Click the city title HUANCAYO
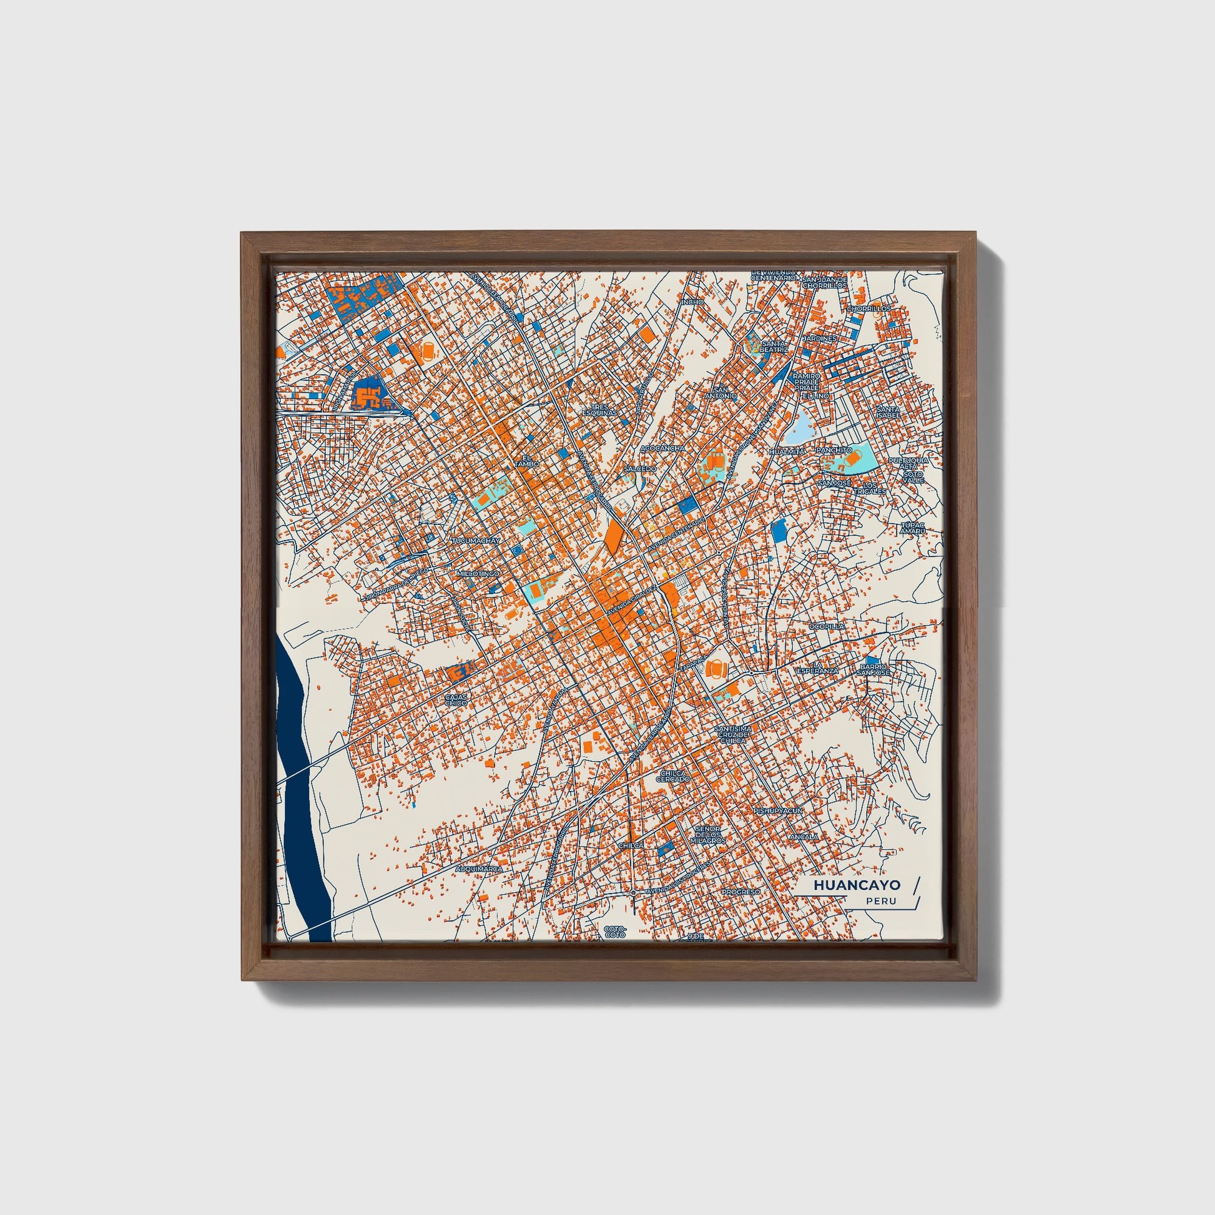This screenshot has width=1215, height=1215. pyautogui.click(x=856, y=885)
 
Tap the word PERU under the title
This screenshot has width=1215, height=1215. pyautogui.click(x=880, y=901)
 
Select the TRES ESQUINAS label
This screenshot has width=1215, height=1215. pyautogui.click(x=599, y=410)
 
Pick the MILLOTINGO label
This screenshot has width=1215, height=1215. pyautogui.click(x=478, y=574)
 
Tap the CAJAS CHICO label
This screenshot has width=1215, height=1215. pyautogui.click(x=456, y=699)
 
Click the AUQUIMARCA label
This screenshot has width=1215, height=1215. pyautogui.click(x=480, y=868)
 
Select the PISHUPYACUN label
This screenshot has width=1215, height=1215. pyautogui.click(x=778, y=811)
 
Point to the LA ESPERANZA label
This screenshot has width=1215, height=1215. pyautogui.click(x=817, y=668)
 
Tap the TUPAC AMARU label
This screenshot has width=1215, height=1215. pyautogui.click(x=913, y=528)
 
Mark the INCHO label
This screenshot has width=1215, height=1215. pyautogui.click(x=694, y=302)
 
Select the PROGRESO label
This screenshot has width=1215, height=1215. pyautogui.click(x=741, y=892)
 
